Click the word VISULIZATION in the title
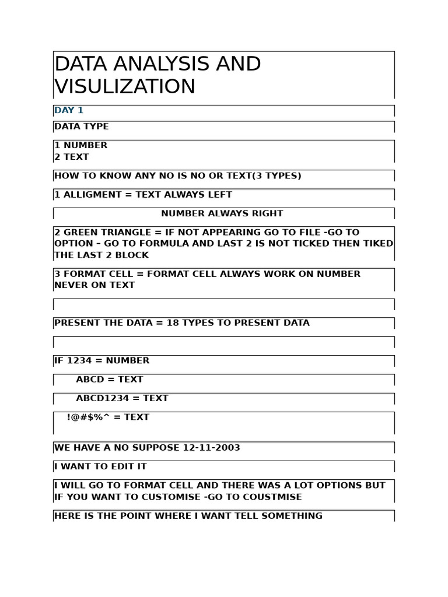[x=125, y=86]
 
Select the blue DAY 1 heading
[x=69, y=110]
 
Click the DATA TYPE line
[x=81, y=127]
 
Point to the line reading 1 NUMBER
[x=80, y=145]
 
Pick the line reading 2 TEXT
[x=71, y=157]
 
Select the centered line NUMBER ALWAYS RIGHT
[x=222, y=213]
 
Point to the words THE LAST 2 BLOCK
[x=101, y=255]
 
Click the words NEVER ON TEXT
[x=94, y=285]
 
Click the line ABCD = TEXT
[x=109, y=380]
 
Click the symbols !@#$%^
[x=88, y=417]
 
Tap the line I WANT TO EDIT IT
[x=100, y=466]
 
